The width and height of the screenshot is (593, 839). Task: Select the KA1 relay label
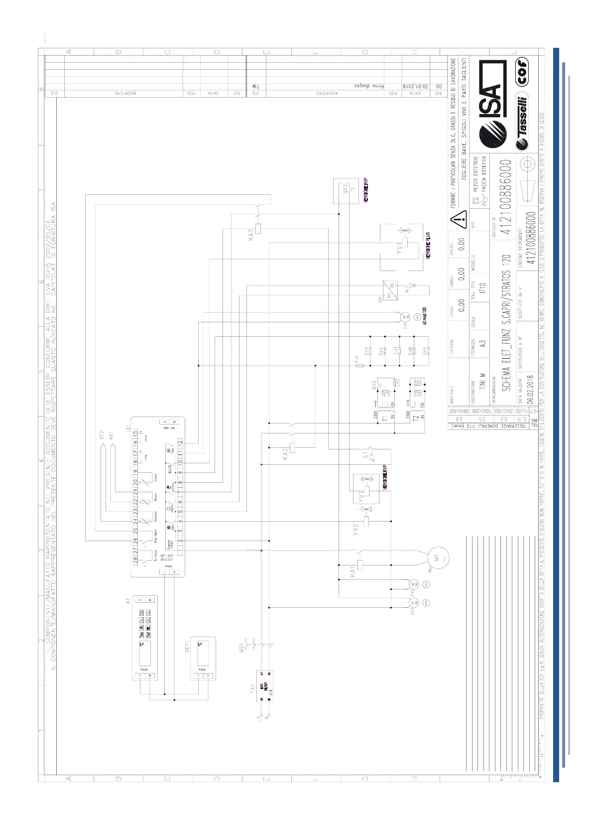[353, 571]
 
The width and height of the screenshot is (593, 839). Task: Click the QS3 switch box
[346, 191]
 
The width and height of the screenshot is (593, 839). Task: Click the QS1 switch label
[242, 648]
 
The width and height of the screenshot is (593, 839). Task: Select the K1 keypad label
[128, 601]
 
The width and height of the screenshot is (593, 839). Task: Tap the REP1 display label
[188, 646]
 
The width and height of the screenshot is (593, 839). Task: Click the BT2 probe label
[102, 434]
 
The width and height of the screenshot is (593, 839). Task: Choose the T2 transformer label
[415, 418]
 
